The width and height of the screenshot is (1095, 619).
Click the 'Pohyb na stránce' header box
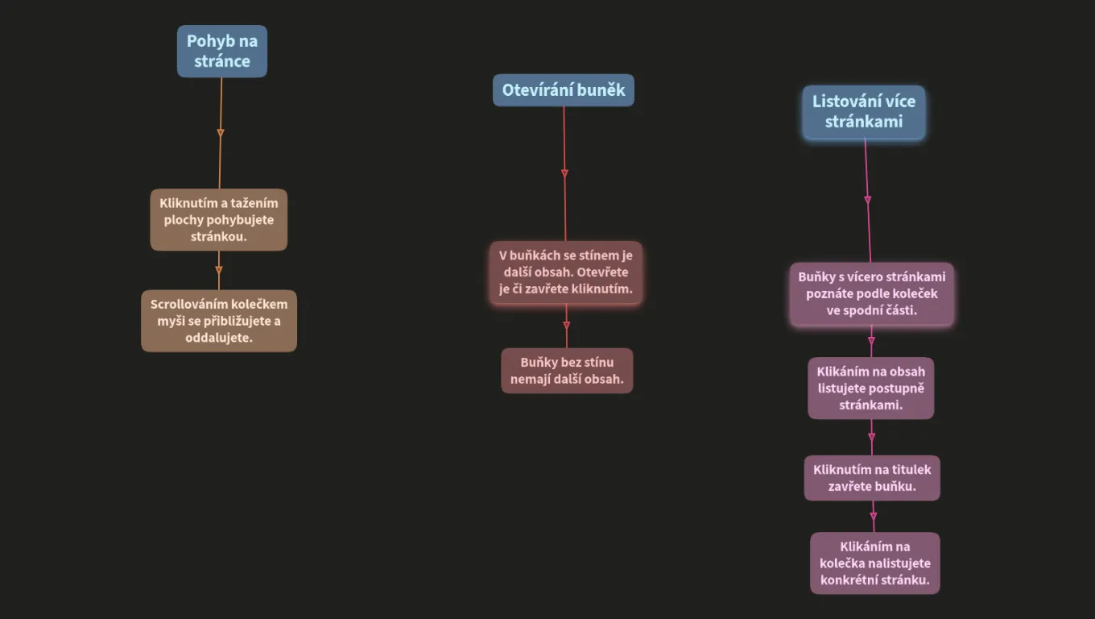pos(222,52)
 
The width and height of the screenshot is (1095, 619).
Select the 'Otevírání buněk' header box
pos(563,90)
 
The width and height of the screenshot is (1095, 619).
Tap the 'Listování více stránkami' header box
pos(864,112)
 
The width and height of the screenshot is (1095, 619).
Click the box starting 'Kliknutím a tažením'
pos(218,220)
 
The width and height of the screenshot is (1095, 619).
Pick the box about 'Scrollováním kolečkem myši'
pos(219,321)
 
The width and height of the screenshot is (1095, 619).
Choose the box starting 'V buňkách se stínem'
pos(565,272)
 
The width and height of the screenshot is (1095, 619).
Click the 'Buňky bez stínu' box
pos(567,371)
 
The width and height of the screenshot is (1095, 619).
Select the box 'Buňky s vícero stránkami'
pos(872,293)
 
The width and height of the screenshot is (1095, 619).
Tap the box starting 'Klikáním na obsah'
pos(870,388)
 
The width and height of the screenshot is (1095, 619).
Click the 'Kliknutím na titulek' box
pos(872,478)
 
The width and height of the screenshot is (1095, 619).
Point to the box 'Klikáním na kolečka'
pos(875,563)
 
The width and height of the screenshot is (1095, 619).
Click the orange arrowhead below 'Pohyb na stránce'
pos(221,133)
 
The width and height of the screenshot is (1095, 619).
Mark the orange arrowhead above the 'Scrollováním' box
pos(218,270)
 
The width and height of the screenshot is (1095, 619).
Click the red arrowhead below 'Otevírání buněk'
pos(564,173)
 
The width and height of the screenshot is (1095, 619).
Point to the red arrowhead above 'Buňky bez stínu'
pos(567,326)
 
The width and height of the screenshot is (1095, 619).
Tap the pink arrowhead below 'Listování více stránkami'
pos(868,200)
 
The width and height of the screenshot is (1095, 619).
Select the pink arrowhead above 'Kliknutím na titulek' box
pos(872,437)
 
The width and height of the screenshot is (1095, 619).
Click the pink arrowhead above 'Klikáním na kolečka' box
pos(874,517)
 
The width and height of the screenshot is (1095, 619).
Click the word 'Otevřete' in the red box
pos(602,272)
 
